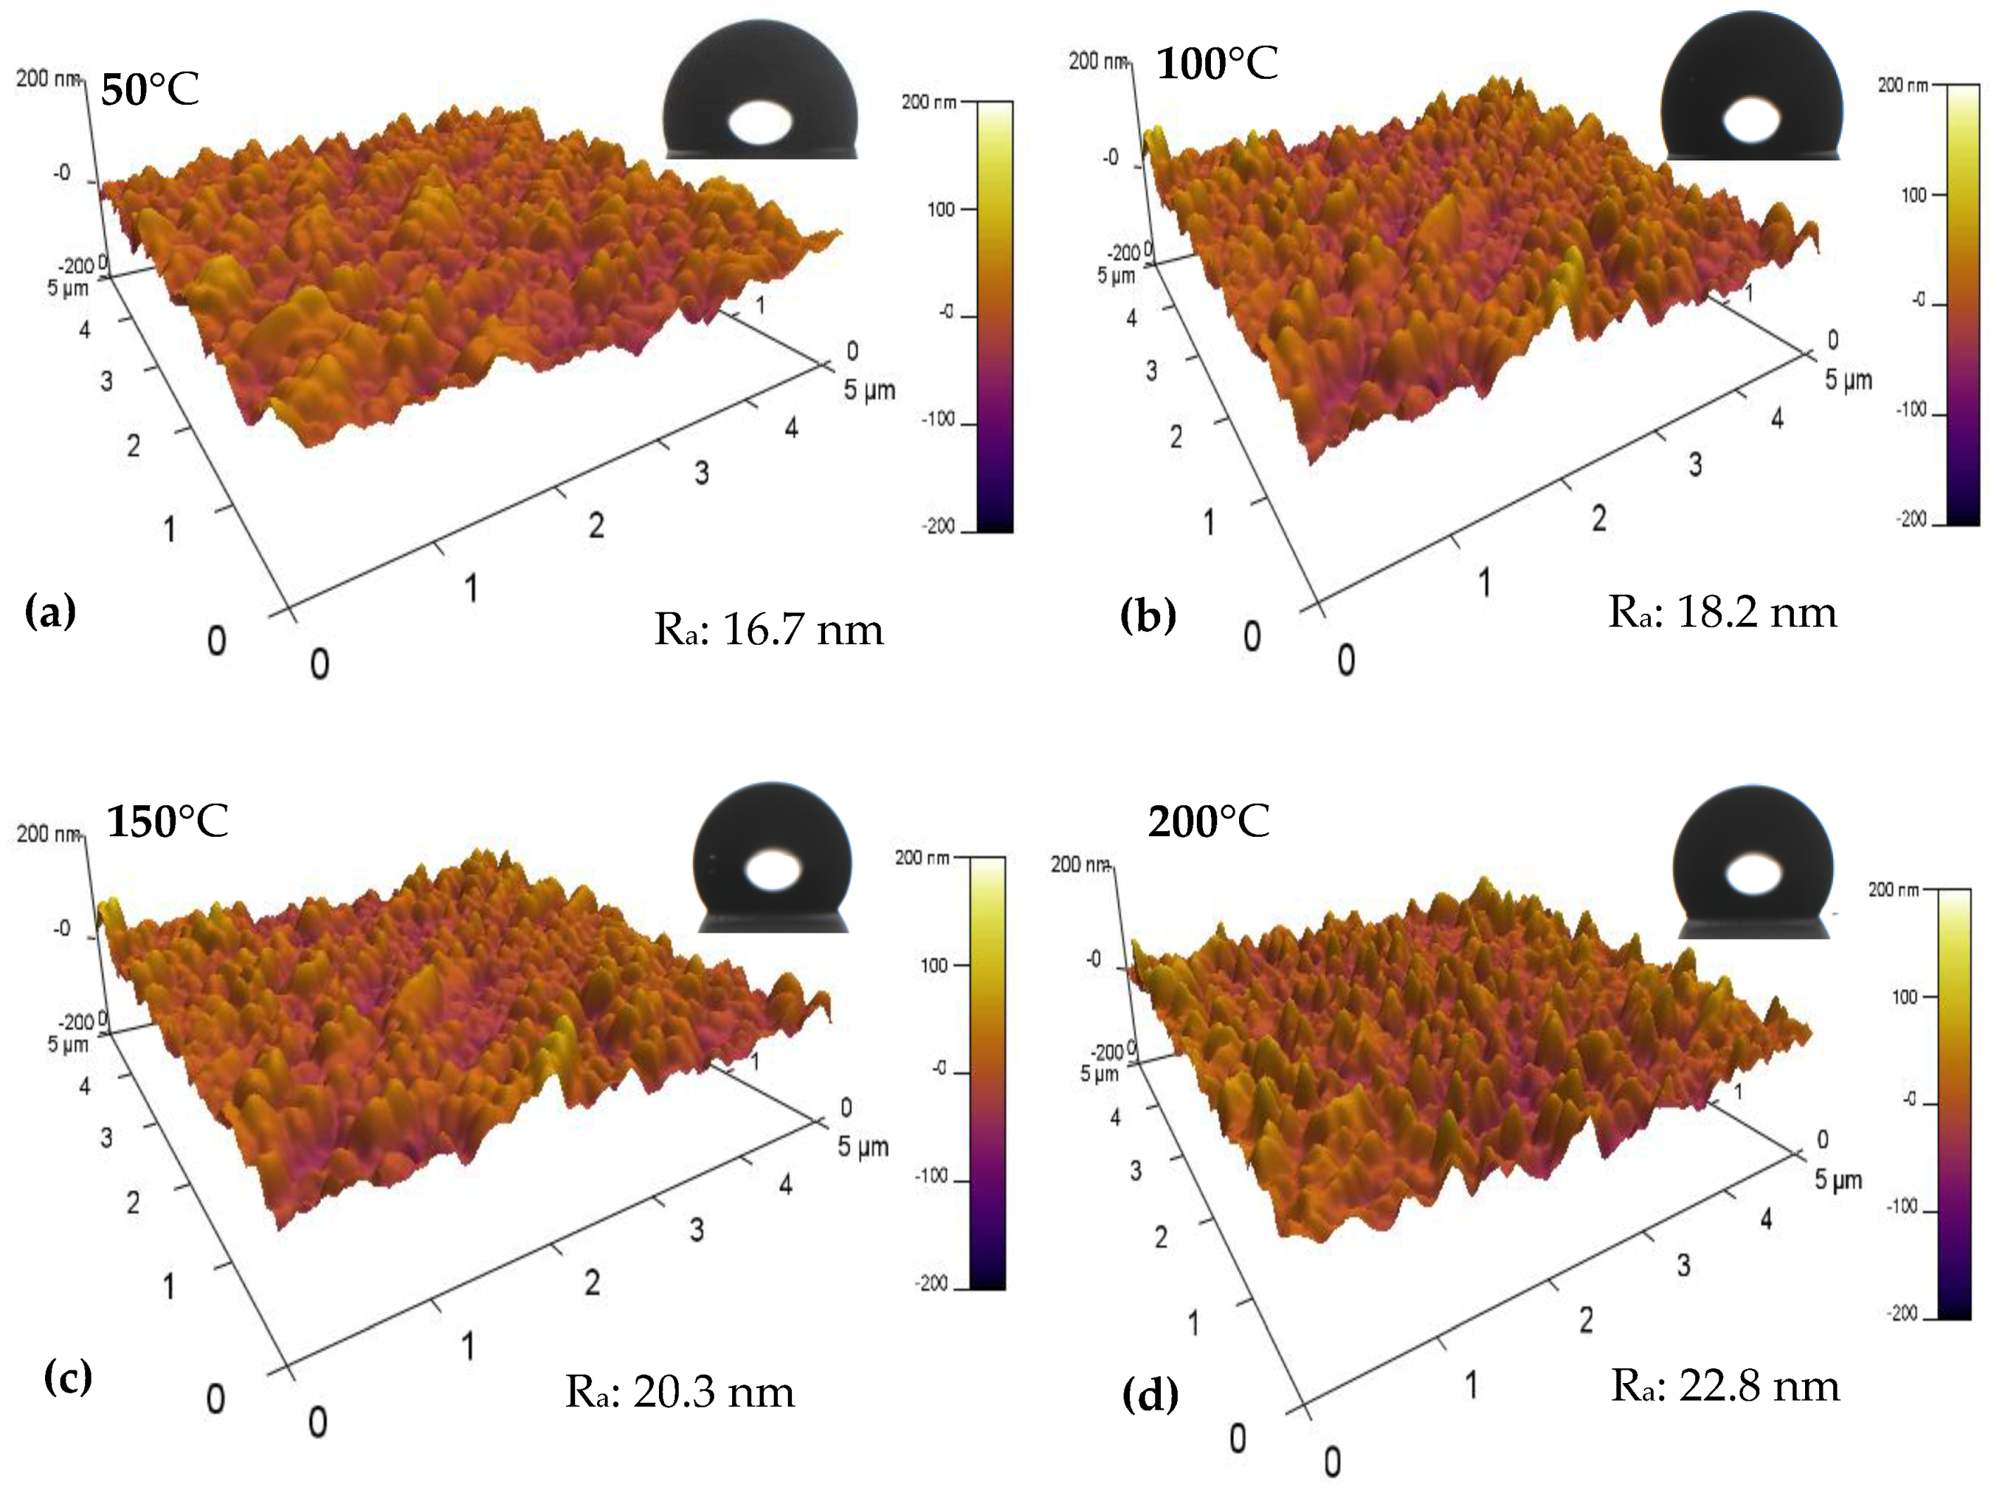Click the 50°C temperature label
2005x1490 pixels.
[150, 89]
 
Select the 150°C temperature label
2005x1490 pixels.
[167, 821]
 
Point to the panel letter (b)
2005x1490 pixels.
[1148, 615]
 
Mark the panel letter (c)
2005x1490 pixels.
[68, 1377]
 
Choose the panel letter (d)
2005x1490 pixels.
[1150, 1394]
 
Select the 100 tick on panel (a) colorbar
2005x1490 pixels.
[941, 209]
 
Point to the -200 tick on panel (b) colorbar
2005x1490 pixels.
[1912, 519]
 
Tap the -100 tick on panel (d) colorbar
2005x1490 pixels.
[1903, 1207]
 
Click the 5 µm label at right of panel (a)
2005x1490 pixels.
[869, 390]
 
